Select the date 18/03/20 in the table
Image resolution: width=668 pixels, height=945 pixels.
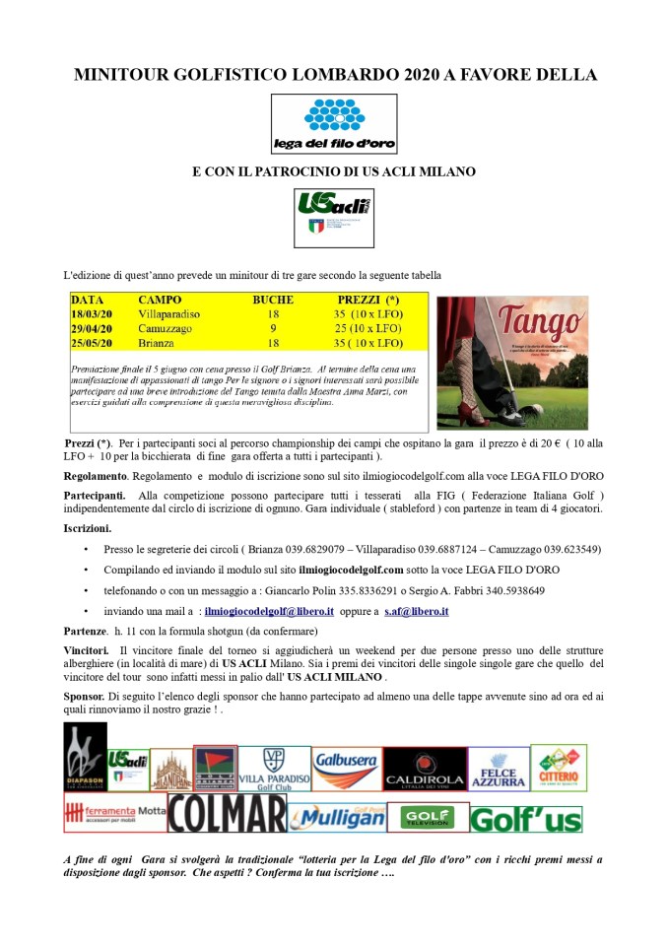[92, 313]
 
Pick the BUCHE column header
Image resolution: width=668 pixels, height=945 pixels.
[273, 299]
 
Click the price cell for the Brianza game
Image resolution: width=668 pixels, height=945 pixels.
[369, 343]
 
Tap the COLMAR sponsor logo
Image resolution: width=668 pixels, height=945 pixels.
[227, 814]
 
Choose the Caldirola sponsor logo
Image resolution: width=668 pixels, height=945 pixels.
[425, 769]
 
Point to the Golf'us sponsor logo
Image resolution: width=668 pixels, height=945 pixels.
[525, 819]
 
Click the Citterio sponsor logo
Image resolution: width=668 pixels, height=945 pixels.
[559, 768]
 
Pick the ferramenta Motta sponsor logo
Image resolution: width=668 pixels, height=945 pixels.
[114, 812]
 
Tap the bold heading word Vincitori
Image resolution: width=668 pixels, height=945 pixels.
[86, 651]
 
